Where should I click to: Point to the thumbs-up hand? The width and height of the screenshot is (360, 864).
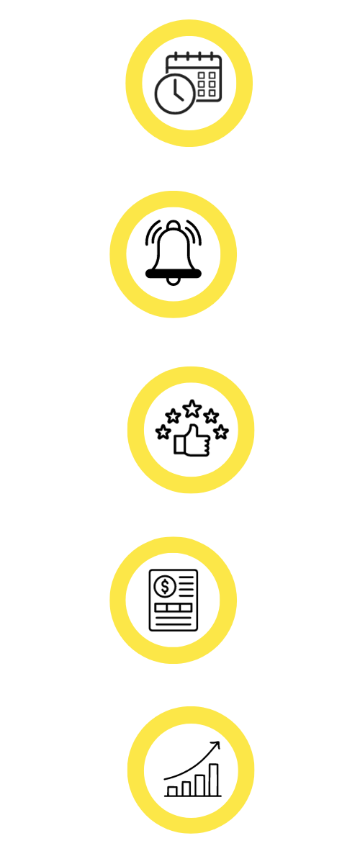click(190, 441)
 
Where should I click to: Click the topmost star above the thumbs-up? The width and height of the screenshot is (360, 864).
click(192, 409)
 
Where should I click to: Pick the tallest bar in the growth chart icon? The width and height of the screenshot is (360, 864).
click(213, 780)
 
